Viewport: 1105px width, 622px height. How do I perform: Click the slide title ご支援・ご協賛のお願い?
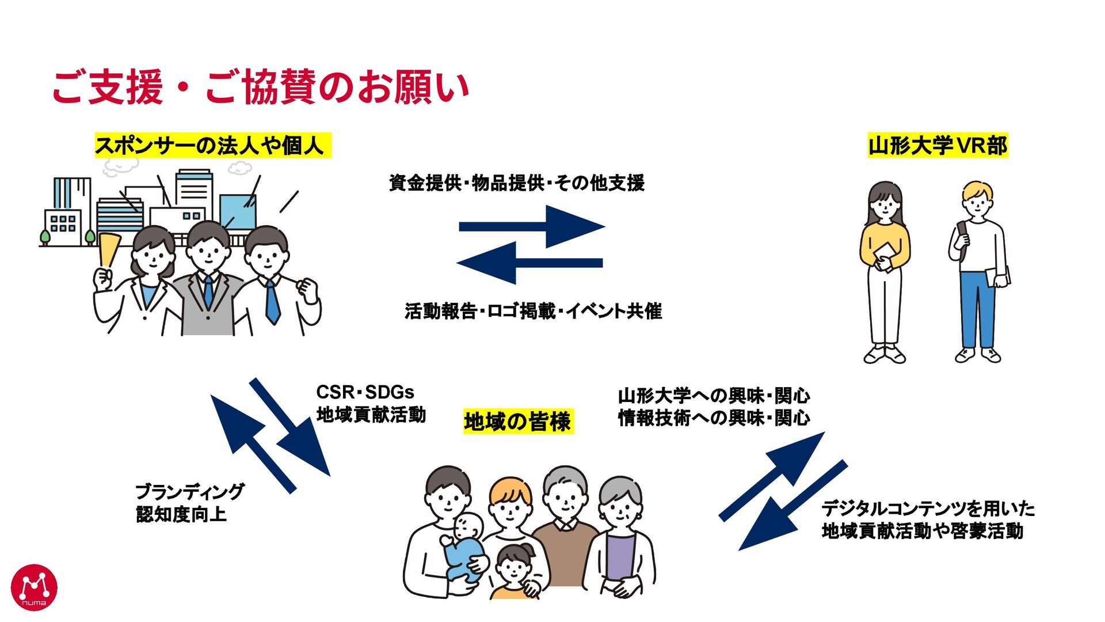[x=260, y=87]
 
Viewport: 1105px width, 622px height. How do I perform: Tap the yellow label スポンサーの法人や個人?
[x=212, y=145]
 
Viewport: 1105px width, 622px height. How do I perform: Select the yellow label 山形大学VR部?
[x=938, y=145]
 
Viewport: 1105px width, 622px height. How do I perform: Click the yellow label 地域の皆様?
[x=517, y=422]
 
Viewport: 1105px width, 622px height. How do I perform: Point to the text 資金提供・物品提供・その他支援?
[x=516, y=183]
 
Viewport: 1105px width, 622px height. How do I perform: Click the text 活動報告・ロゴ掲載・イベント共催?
[x=533, y=311]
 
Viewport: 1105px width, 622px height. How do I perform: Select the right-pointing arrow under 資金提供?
[x=532, y=226]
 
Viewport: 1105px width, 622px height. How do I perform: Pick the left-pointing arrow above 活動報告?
[x=529, y=263]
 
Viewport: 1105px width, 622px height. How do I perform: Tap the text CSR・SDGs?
[x=365, y=392]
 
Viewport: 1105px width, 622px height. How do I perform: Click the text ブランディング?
[x=190, y=491]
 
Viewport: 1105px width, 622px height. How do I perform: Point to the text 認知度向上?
[x=181, y=514]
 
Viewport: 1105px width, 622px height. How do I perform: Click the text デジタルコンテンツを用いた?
[x=928, y=509]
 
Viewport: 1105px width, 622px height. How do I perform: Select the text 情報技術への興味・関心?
[x=714, y=418]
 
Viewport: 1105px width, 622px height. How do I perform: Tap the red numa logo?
[x=34, y=587]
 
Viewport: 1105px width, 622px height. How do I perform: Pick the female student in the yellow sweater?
[x=885, y=271]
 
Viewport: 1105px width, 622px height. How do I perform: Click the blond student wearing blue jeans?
[x=978, y=271]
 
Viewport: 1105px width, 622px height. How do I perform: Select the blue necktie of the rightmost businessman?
[x=272, y=302]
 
